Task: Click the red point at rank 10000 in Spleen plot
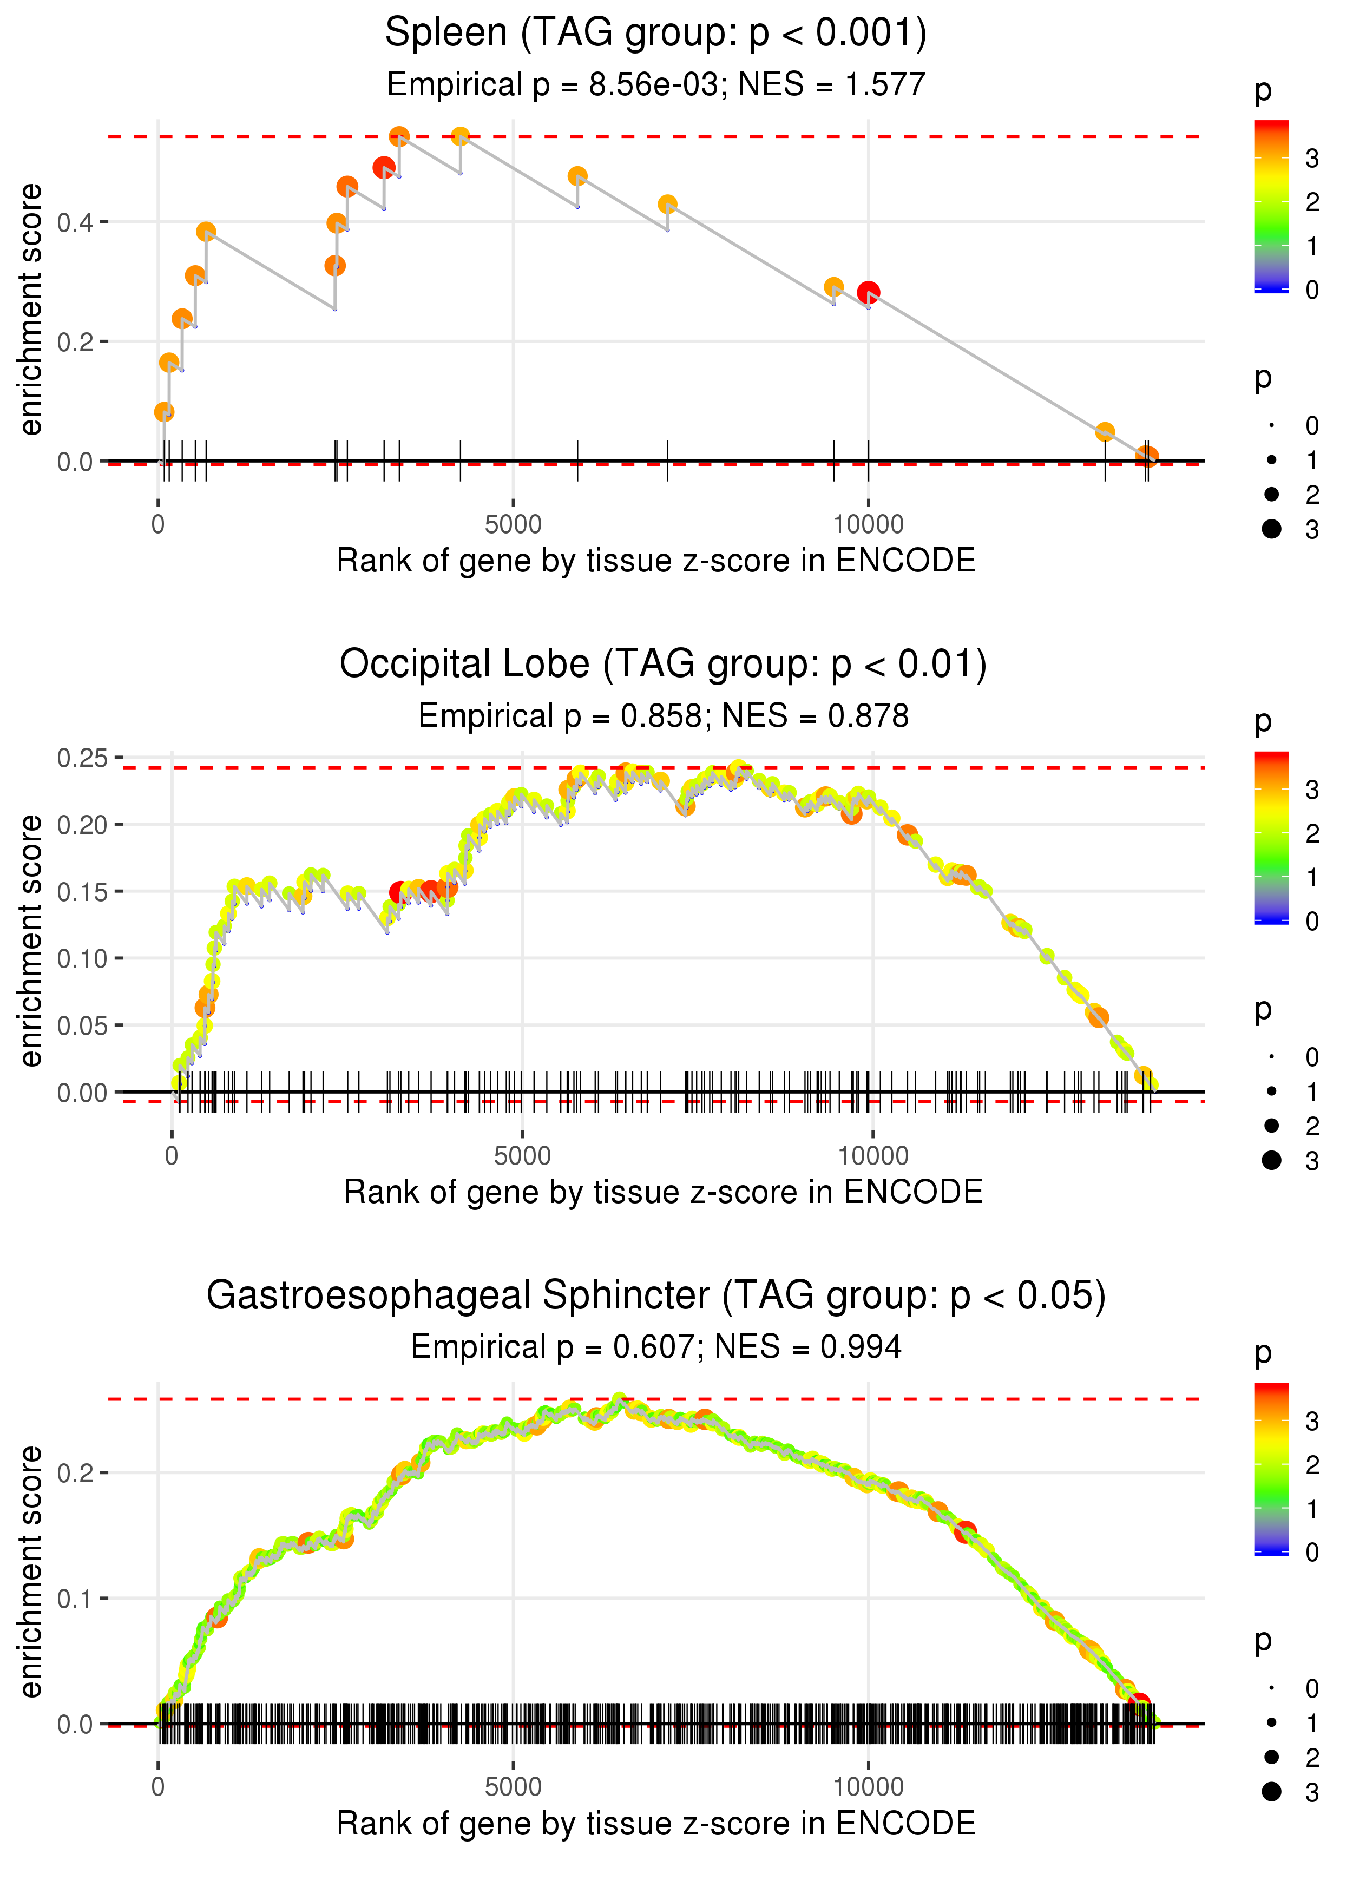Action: (868, 292)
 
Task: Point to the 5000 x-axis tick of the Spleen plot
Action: (513, 525)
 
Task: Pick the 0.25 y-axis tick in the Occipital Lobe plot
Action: (82, 758)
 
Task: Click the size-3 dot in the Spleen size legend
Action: (1271, 529)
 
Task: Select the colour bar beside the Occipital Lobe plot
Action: (1271, 837)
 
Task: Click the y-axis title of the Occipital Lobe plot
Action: (31, 941)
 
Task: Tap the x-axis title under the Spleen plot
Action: (656, 561)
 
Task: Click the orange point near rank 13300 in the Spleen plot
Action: (1105, 431)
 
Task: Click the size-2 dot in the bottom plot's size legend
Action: (1271, 1757)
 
